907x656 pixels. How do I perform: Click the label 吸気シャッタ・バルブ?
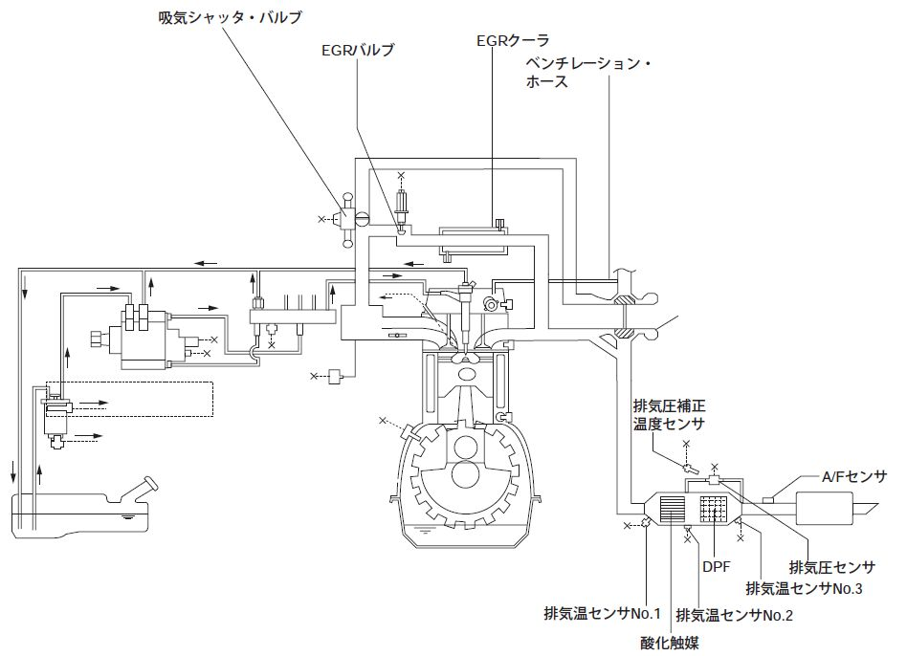(x=231, y=18)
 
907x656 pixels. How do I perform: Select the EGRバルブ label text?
(x=358, y=51)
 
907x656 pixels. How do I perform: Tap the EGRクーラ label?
(x=513, y=40)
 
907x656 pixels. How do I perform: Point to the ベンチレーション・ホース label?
(x=588, y=72)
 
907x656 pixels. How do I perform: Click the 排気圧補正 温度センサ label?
(x=670, y=414)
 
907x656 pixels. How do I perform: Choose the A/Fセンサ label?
(x=853, y=477)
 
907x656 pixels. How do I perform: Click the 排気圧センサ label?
(x=831, y=567)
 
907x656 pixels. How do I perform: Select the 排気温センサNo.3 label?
(x=804, y=588)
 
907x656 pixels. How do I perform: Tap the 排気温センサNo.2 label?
(x=734, y=615)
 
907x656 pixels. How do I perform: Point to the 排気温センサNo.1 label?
(x=602, y=613)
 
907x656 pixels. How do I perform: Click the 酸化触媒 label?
(x=670, y=642)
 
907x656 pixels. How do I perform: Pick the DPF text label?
(x=716, y=567)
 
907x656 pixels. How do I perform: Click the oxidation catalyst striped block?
(x=673, y=509)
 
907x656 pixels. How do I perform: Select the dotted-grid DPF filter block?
(x=712, y=509)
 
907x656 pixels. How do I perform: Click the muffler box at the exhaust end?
(x=824, y=508)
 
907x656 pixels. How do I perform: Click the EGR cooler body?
(x=474, y=240)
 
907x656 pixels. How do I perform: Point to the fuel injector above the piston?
(x=466, y=314)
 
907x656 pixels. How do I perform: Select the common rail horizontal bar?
(x=293, y=317)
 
